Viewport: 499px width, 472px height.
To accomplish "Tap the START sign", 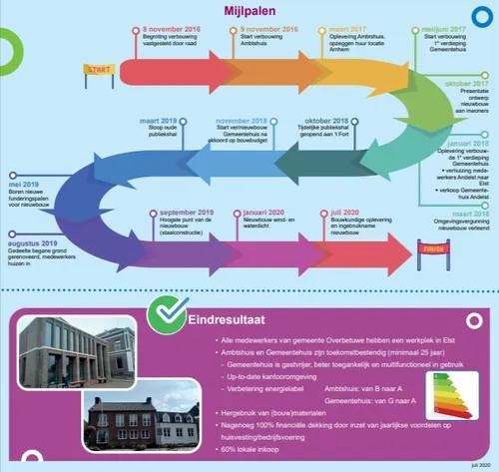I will [97, 70].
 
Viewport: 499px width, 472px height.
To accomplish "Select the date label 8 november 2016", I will [171, 31].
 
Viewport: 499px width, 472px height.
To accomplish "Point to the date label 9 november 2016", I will [268, 31].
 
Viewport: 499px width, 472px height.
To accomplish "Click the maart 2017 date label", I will [349, 31].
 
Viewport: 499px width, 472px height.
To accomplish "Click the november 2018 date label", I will [240, 120].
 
